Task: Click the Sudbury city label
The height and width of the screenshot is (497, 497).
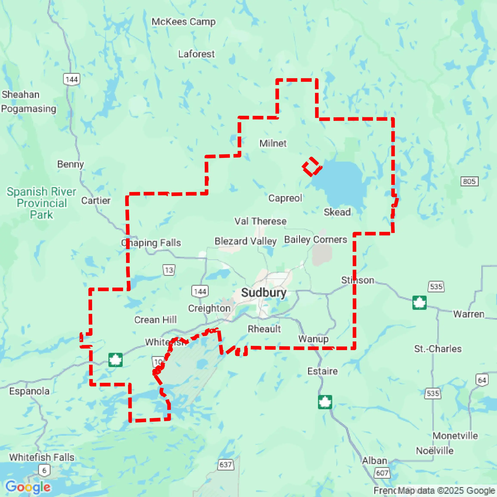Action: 264,293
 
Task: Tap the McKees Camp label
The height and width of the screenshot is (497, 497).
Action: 183,22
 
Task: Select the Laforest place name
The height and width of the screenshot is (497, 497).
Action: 196,54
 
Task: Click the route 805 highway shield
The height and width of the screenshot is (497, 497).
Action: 469,181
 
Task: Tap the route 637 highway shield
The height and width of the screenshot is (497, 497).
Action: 226,465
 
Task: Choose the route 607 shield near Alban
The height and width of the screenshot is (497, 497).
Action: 382,473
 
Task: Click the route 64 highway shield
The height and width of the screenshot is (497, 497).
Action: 482,380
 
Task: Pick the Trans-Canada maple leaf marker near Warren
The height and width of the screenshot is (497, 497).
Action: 420,303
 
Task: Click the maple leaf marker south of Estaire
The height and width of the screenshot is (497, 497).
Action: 325,402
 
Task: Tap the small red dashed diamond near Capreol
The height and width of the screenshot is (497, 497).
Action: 312,167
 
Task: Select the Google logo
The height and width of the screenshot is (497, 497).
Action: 28,487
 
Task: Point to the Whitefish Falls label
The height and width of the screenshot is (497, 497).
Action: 42,457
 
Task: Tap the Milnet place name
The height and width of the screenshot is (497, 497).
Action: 273,143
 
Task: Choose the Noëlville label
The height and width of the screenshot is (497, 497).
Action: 435,451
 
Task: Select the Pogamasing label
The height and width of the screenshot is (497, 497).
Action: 29,109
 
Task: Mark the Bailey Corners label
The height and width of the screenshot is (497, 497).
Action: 316,239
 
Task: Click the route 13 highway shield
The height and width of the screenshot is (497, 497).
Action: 169,270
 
